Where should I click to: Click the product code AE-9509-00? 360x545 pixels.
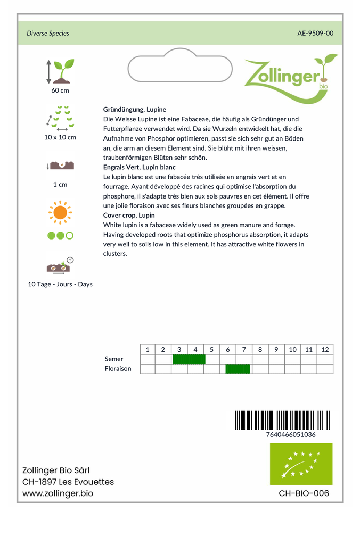click(315, 33)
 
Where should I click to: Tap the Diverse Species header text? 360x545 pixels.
click(48, 33)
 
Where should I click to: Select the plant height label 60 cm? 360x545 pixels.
click(60, 90)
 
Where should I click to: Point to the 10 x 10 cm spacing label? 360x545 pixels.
click(60, 137)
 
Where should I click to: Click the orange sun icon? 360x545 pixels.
click(60, 212)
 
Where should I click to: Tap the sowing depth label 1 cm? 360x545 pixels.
click(60, 185)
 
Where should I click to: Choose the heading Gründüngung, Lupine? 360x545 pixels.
click(134, 109)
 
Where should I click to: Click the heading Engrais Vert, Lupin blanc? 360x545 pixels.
click(139, 167)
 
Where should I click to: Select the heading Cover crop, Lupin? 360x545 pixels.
click(129, 215)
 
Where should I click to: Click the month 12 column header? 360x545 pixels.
click(325, 350)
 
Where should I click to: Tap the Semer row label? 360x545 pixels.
click(114, 359)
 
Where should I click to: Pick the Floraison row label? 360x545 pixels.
click(118, 369)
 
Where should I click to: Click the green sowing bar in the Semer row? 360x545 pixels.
click(189, 359)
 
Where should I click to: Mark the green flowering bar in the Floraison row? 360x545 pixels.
click(238, 369)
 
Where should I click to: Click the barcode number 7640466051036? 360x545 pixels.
click(291, 434)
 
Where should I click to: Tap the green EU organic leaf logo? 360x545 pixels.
click(301, 464)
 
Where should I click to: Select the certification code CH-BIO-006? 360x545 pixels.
click(304, 493)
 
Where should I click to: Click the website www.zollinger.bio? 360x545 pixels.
click(58, 493)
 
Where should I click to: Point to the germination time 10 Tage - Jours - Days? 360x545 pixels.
click(60, 284)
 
